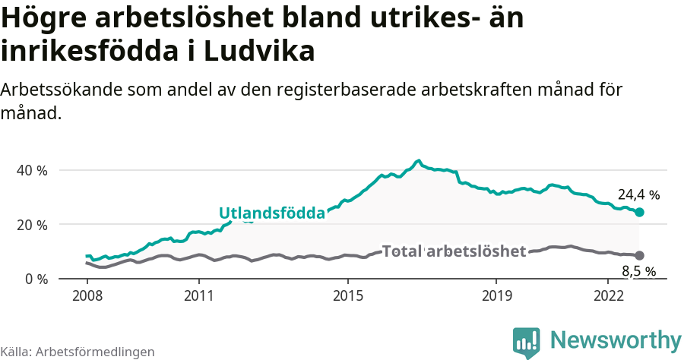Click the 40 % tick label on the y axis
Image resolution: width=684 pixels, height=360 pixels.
pyautogui.click(x=32, y=170)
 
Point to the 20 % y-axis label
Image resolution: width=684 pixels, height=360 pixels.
pyautogui.click(x=32, y=225)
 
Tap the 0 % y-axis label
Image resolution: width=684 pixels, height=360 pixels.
pyautogui.click(x=35, y=279)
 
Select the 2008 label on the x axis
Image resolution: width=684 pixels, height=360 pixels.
pyautogui.click(x=87, y=295)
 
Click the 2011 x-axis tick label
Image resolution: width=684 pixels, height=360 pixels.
pyautogui.click(x=198, y=295)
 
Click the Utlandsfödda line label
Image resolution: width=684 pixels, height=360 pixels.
pyautogui.click(x=271, y=213)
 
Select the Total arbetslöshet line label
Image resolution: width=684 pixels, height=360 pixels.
pyautogui.click(x=454, y=251)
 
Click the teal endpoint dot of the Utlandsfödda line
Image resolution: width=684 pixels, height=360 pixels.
pyautogui.click(x=639, y=213)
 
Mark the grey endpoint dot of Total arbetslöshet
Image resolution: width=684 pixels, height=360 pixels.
pyautogui.click(x=639, y=256)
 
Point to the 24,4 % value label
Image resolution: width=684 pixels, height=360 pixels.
pyautogui.click(x=638, y=194)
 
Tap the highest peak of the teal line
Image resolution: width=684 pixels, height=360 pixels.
pyautogui.click(x=418, y=161)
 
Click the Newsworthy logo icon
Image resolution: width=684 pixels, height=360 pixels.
pyautogui.click(x=527, y=342)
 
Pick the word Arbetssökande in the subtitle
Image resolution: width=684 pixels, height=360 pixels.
pyautogui.click(x=55, y=90)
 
